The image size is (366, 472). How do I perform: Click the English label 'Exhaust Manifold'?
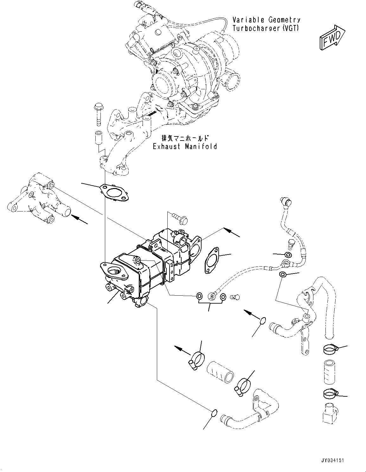(x=185, y=147)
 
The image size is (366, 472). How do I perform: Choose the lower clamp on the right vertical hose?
(x=330, y=394)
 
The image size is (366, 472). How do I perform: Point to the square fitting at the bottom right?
(x=329, y=415)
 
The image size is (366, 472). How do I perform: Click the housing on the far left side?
(x=38, y=199)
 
